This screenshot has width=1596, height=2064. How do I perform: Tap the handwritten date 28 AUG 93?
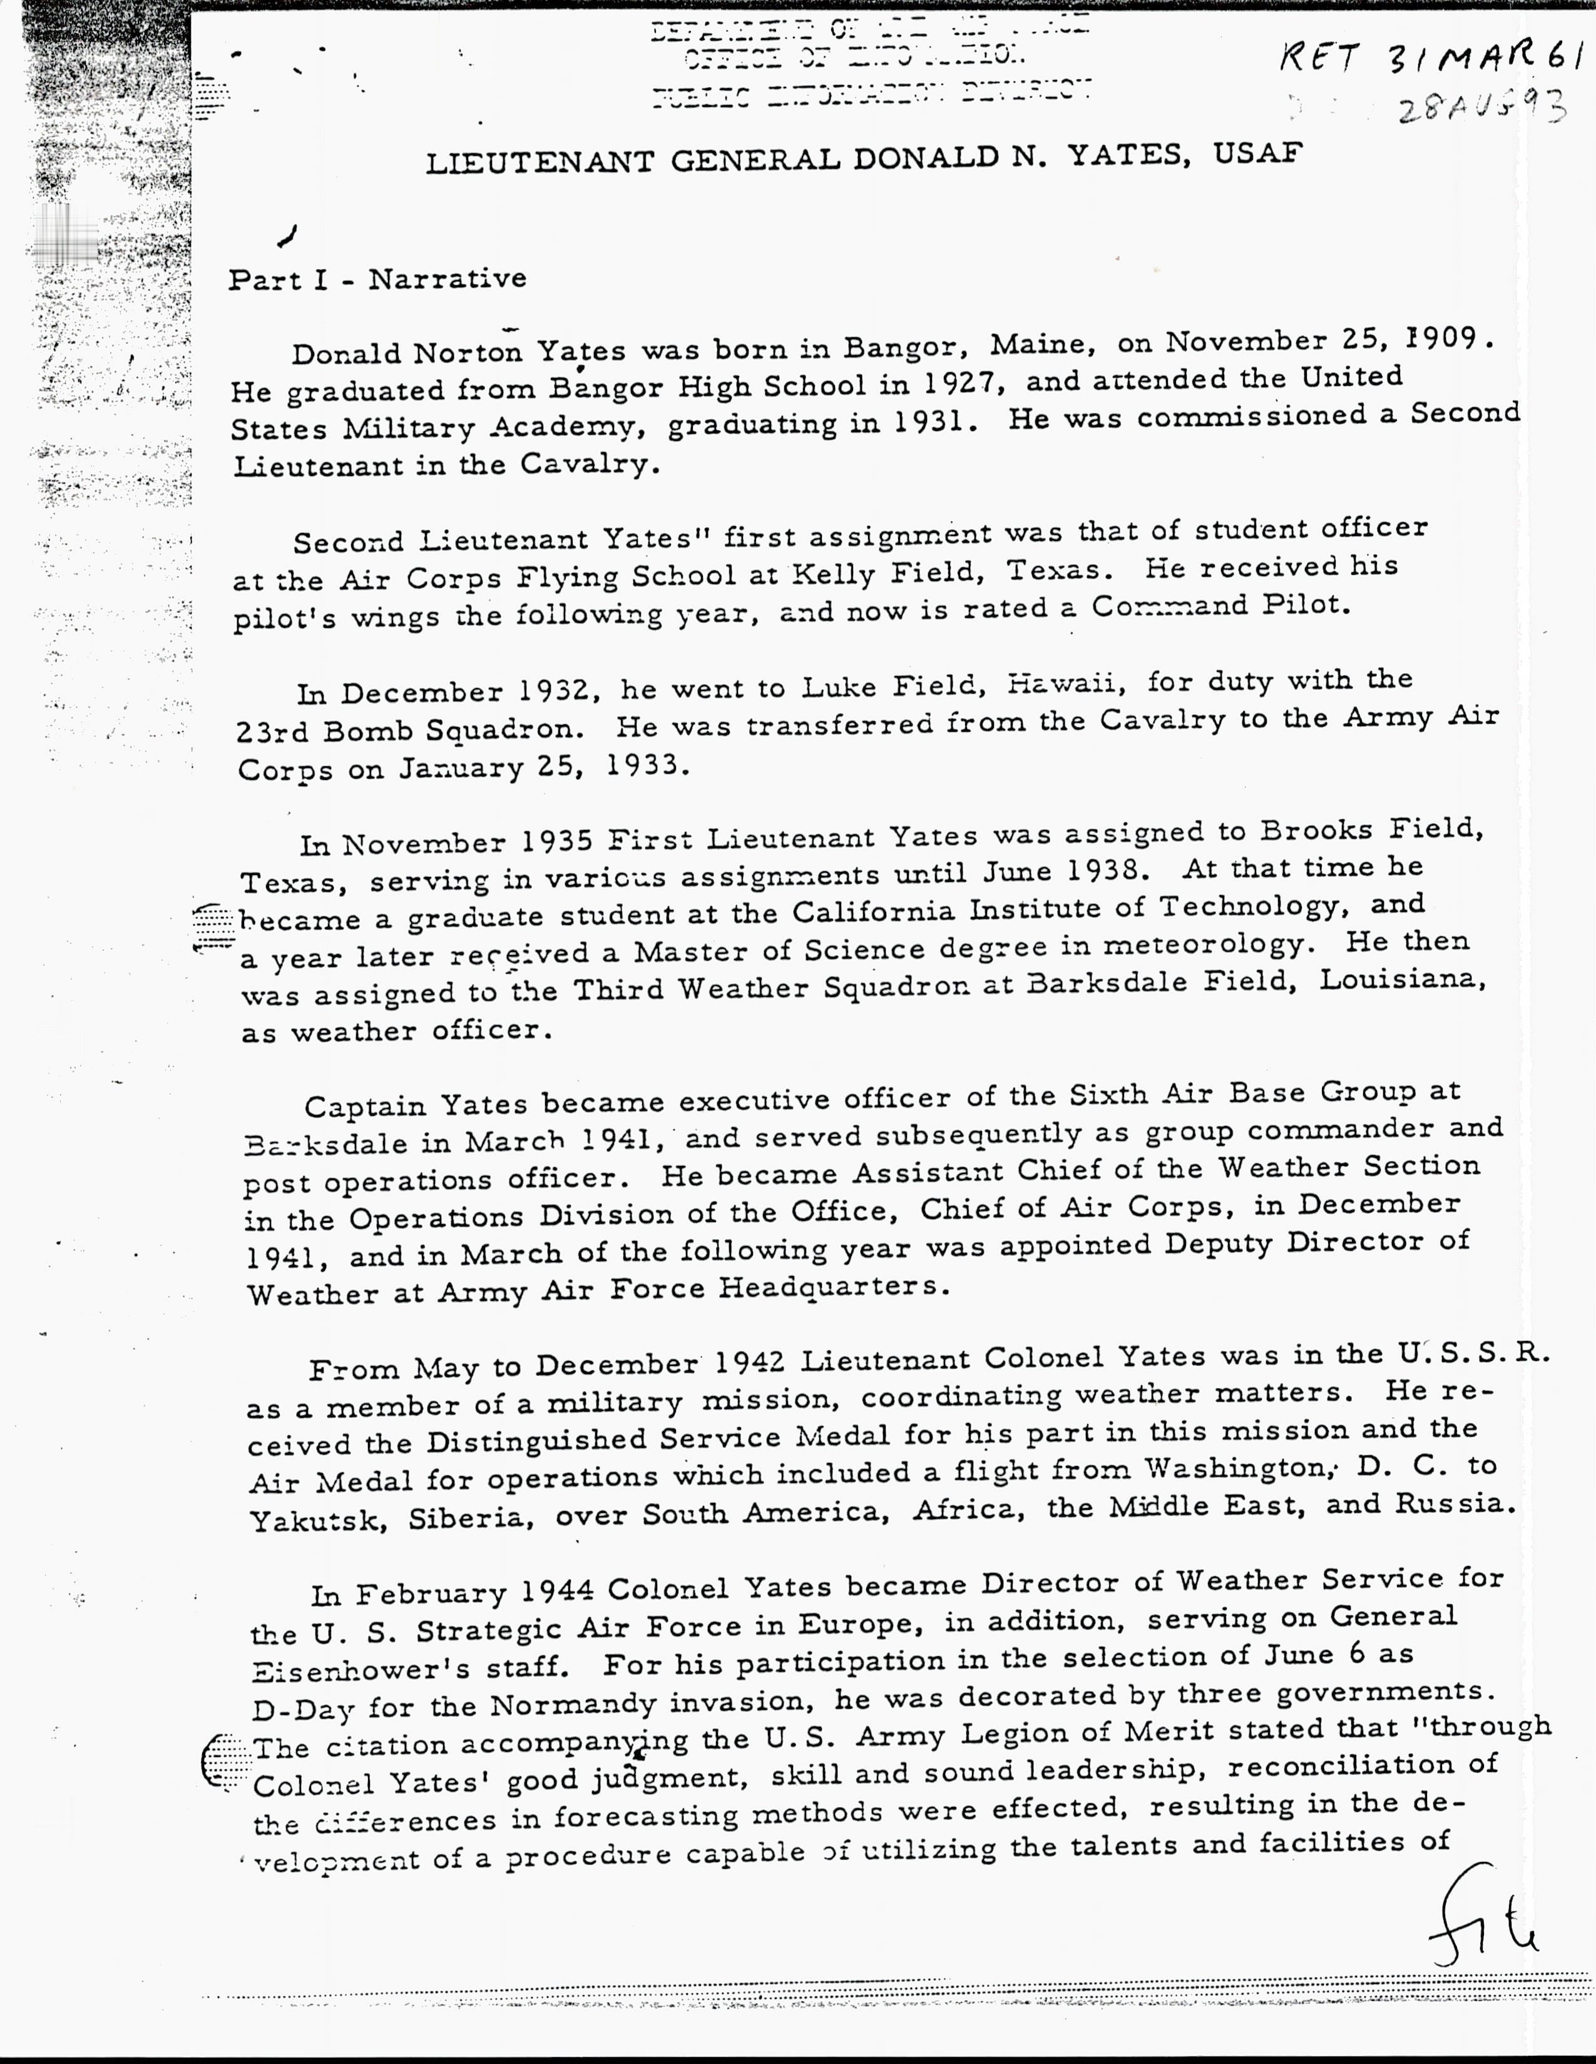click(x=1483, y=109)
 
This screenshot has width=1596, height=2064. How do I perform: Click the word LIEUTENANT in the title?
click(x=539, y=163)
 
